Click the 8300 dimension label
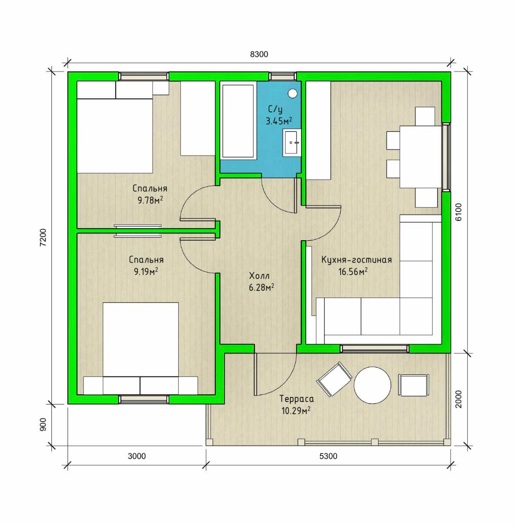click(x=259, y=55)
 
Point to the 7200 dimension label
click(x=43, y=238)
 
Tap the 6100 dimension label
click(x=458, y=212)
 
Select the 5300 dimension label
click(x=328, y=456)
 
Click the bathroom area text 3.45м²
click(x=279, y=121)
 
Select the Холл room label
click(x=259, y=276)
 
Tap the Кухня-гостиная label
click(x=356, y=260)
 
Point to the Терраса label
click(x=297, y=399)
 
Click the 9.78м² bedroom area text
click(x=150, y=201)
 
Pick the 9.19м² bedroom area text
click(x=146, y=272)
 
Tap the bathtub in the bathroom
click(x=238, y=121)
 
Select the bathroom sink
click(x=292, y=143)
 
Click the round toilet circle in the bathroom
click(x=293, y=93)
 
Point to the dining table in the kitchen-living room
click(x=421, y=157)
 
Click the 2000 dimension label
click(x=458, y=399)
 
